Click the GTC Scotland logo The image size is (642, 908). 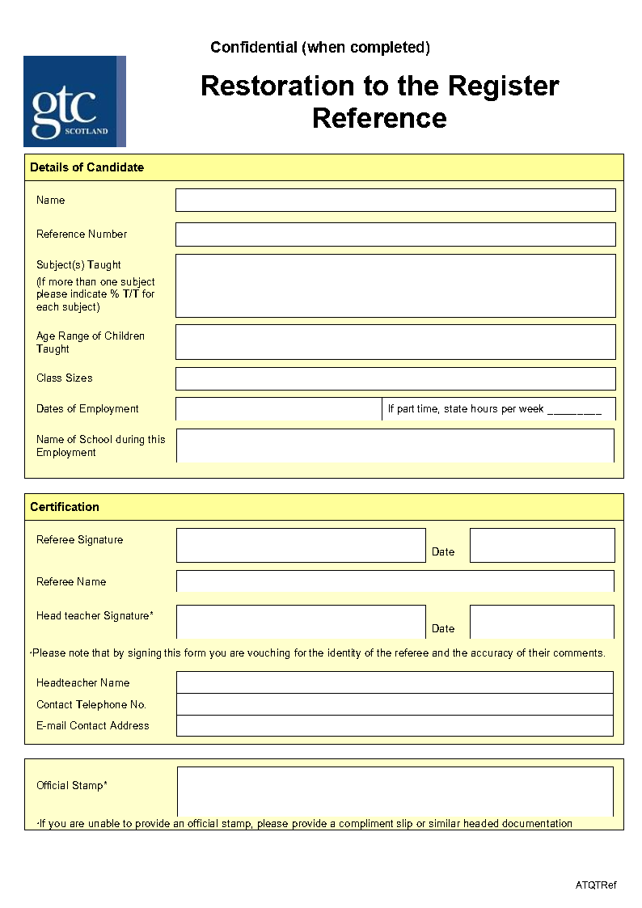74,101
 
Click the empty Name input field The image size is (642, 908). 395,200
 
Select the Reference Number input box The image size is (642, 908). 395,234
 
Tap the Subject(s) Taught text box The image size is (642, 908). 395,285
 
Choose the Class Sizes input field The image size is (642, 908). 395,378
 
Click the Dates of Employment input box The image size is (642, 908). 278,409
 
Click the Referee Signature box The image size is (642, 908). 301,545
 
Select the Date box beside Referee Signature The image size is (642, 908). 542,545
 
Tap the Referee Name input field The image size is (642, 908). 395,581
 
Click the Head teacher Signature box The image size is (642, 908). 301,622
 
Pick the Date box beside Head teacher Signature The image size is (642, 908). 542,622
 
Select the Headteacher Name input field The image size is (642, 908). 395,682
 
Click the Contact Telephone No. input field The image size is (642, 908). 395,704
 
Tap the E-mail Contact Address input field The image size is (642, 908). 395,725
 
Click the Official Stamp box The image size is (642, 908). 395,792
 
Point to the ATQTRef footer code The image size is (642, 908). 596,885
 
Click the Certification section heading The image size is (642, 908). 65,507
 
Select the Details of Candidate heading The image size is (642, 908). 87,167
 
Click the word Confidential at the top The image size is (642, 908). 254,48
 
